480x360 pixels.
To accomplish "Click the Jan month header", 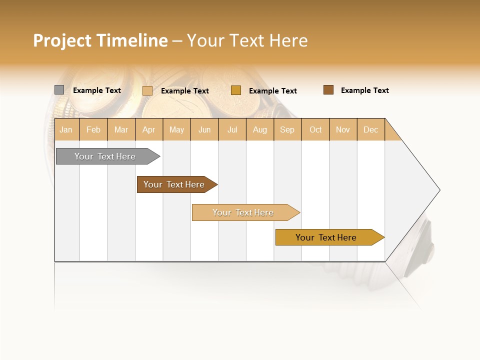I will click(66, 129).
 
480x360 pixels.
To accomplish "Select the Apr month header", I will click(148, 129).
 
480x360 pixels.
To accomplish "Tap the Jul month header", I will click(232, 129).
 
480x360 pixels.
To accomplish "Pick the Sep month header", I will click(287, 129).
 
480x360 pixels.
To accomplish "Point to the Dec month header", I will click(370, 129).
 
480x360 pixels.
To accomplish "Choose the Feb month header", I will click(93, 129).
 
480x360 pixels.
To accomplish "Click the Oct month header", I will click(315, 129).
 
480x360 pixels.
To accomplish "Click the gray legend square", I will click(59, 90).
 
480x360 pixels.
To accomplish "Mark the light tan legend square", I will click(147, 90).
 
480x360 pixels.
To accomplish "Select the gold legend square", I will click(236, 90).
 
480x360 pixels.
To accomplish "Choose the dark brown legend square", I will click(328, 90).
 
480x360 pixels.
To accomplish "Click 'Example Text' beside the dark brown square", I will click(364, 90).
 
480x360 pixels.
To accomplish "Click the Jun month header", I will click(204, 129).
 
